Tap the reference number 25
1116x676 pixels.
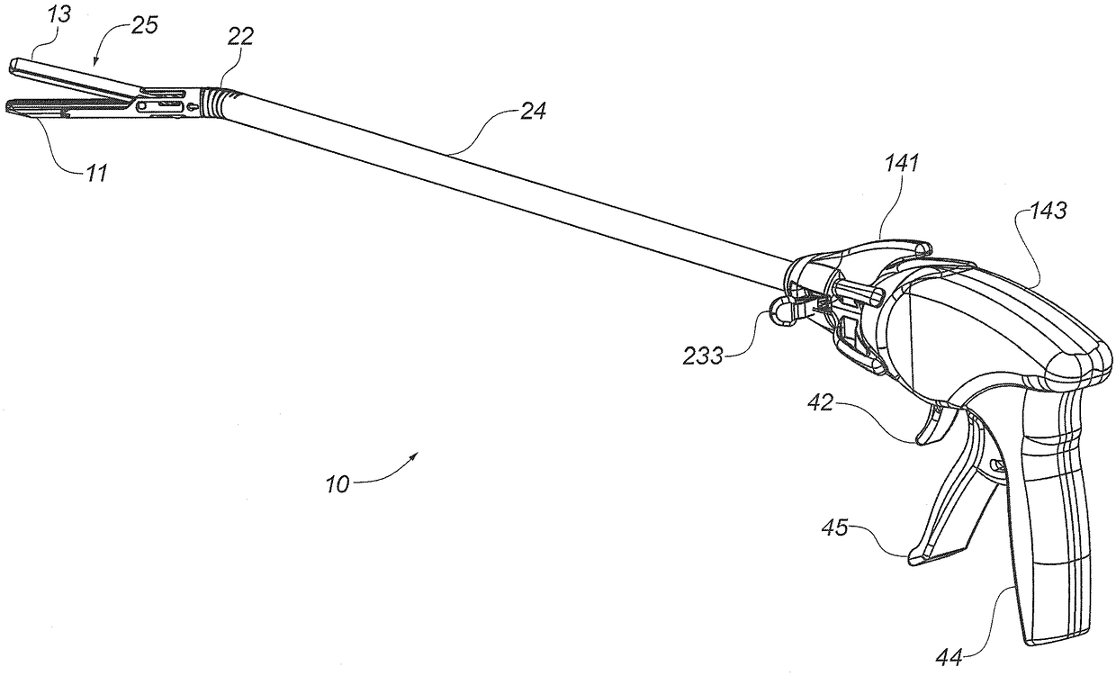pyautogui.click(x=144, y=25)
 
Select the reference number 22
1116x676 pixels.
pyautogui.click(x=241, y=36)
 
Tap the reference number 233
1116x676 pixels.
pyautogui.click(x=703, y=356)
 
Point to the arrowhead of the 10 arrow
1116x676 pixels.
pyautogui.click(x=417, y=455)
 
